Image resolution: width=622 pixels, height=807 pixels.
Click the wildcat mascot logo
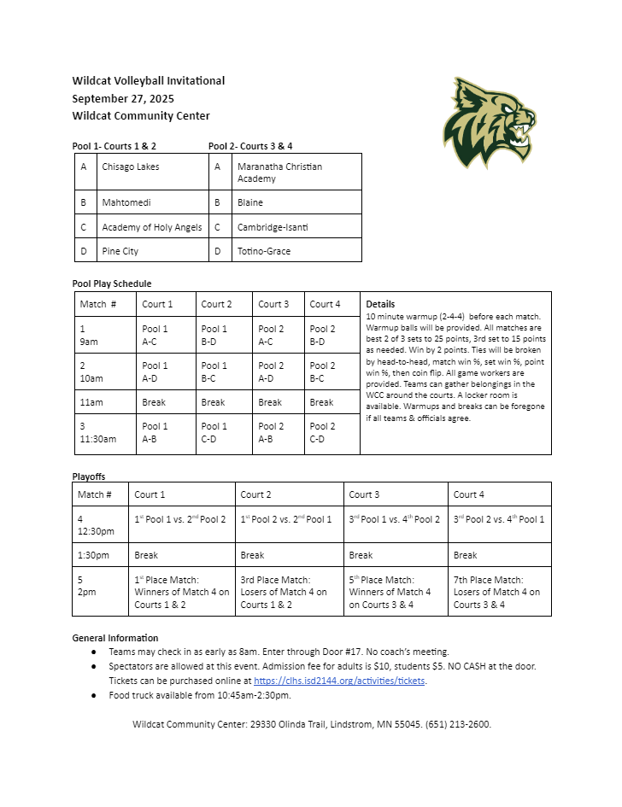pos(490,122)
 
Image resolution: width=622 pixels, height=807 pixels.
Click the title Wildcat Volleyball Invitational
pos(149,81)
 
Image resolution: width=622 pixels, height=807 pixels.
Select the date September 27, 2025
pos(123,98)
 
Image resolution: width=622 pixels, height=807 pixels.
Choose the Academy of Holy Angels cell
pos(152,227)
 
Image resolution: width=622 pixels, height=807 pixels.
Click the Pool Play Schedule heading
pos(112,284)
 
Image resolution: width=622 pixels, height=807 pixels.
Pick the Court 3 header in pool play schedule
pos(273,304)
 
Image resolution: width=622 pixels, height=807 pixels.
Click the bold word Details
pos(380,304)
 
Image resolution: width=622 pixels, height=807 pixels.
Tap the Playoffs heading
pos(89,477)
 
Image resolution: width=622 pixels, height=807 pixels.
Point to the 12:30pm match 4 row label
pos(97,524)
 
